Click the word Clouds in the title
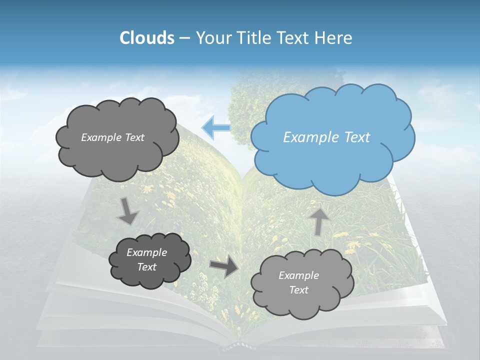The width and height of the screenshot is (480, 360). click(x=146, y=38)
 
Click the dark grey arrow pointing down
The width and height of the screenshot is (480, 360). click(x=128, y=211)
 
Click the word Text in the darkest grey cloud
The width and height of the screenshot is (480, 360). click(x=147, y=267)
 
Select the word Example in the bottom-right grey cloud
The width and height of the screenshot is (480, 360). click(x=298, y=275)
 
